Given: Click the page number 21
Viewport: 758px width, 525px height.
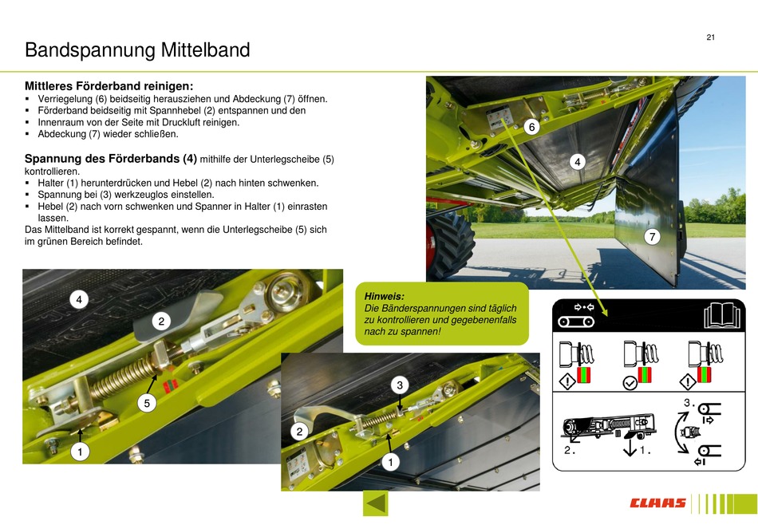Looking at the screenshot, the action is (710, 37).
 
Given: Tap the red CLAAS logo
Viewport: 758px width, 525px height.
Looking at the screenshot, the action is (657, 503).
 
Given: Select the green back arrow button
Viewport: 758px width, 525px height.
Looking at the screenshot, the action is (376, 503).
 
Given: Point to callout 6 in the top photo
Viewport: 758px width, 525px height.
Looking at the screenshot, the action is (531, 127).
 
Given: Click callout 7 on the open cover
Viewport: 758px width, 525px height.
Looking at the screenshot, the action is (652, 236).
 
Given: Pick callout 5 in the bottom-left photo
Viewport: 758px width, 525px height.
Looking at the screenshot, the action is (147, 403).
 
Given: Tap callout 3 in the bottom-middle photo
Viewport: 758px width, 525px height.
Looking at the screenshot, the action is (399, 385).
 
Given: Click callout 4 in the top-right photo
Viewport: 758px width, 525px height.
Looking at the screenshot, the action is (577, 162).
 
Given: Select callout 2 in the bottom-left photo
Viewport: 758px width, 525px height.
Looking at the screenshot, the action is (161, 321).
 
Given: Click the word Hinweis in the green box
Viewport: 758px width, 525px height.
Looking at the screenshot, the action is (385, 296).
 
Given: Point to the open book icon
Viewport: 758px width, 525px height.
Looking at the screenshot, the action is (722, 315).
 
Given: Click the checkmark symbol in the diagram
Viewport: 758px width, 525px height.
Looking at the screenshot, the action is (630, 383).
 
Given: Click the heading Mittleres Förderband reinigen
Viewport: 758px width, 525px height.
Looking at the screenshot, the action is (109, 86).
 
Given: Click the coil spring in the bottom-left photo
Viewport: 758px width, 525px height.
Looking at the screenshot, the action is (122, 378).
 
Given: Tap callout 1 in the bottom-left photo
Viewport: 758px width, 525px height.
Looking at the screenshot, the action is (81, 452).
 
